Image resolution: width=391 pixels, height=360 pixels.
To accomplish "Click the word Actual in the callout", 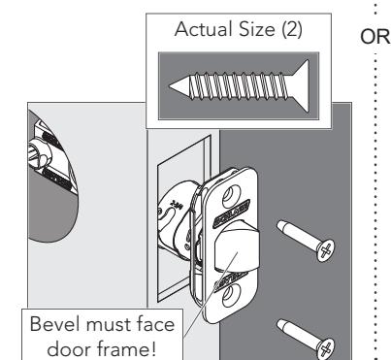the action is click(204, 29).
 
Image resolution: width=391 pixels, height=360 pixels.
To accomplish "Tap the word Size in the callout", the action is click(257, 29).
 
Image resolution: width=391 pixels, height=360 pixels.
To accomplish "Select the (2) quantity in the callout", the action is click(292, 30).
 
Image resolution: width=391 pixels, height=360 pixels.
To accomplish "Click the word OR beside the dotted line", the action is click(375, 37).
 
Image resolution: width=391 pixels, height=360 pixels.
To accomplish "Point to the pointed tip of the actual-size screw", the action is click(170, 86).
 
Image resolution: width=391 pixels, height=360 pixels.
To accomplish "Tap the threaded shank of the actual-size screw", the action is click(239, 86).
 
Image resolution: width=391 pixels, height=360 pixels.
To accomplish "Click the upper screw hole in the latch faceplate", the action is click(231, 194).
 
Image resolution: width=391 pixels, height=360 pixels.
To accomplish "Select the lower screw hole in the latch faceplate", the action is click(231, 294).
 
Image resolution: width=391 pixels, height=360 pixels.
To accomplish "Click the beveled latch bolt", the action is click(237, 250).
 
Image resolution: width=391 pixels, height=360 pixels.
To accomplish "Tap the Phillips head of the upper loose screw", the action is click(326, 250).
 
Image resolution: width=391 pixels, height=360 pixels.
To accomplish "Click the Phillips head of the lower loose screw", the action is click(326, 348).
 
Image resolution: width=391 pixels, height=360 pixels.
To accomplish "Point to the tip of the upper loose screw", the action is click(279, 224).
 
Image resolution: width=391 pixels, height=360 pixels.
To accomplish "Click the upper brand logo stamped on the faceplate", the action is click(232, 213).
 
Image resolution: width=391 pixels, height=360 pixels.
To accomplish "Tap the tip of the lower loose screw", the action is click(279, 323).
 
